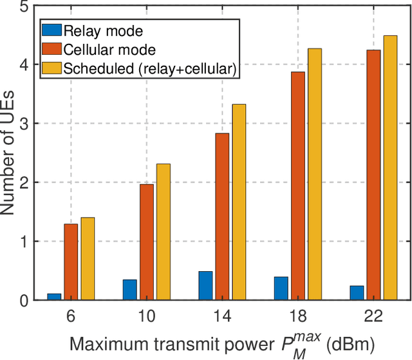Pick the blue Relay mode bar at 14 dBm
click(x=205, y=286)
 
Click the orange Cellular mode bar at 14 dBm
click(x=221, y=216)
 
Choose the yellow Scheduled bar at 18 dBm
click(x=314, y=174)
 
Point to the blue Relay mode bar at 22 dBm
click(x=357, y=293)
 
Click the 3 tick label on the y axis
click(x=24, y=124)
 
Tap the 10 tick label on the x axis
click(x=146, y=317)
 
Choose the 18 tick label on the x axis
click(x=297, y=317)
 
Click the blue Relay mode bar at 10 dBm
click(x=129, y=290)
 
